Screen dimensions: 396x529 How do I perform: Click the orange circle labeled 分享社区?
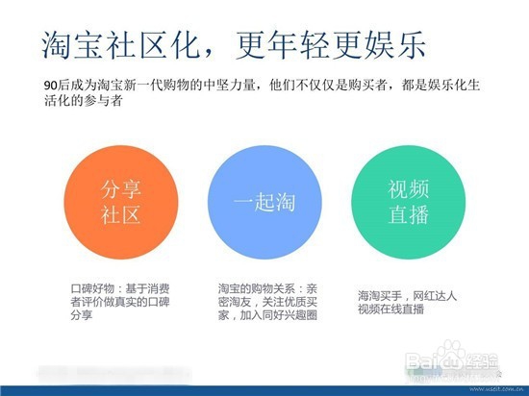click(120, 200)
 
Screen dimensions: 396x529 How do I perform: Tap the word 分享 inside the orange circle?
click(120, 186)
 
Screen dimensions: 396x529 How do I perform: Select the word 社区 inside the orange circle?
click(120, 214)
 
